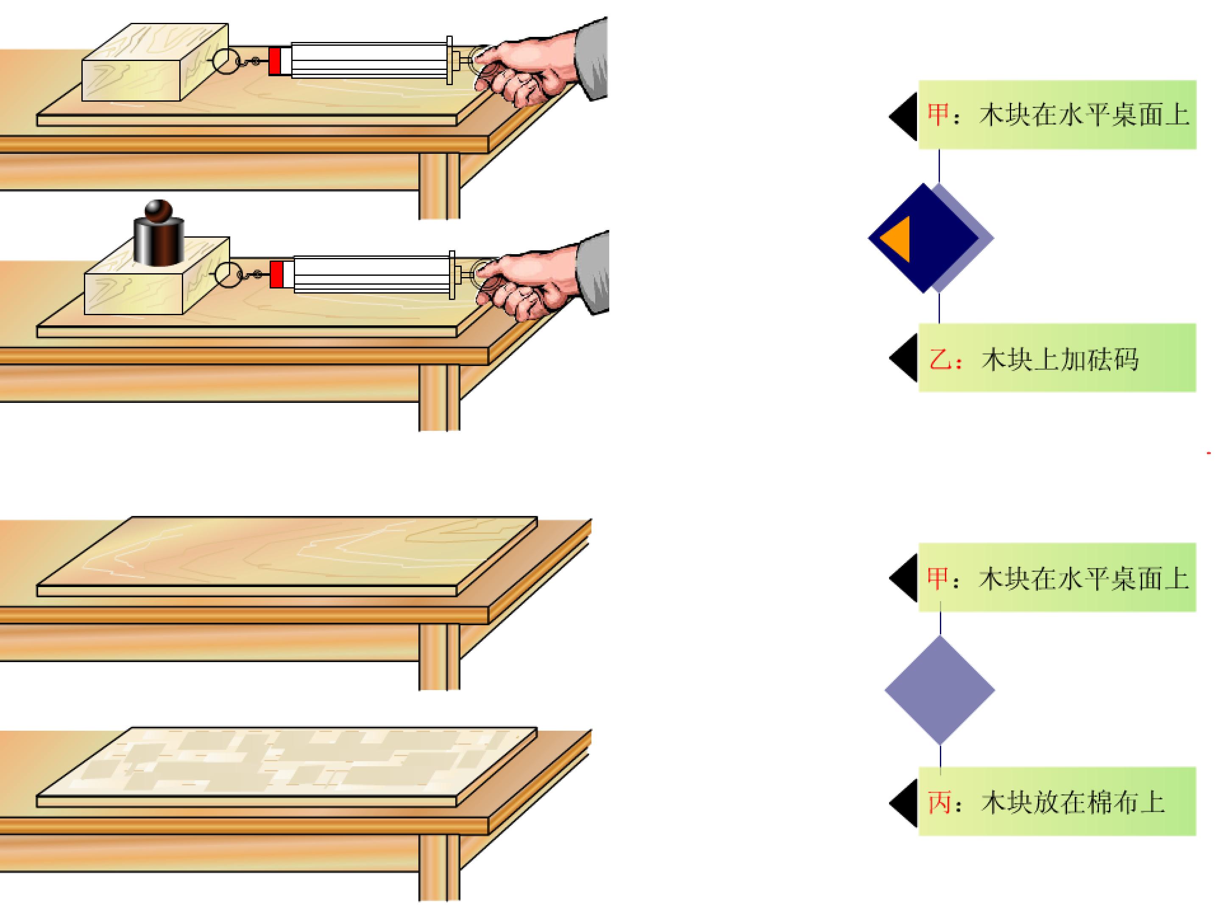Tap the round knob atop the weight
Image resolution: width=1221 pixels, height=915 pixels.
(159, 210)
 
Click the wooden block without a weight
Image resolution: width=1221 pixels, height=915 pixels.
(155, 62)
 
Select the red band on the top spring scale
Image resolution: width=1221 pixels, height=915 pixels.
(275, 61)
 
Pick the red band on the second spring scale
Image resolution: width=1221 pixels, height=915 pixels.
(276, 274)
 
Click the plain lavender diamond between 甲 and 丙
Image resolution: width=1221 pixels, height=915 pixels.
(940, 690)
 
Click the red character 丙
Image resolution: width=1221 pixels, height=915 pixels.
(939, 802)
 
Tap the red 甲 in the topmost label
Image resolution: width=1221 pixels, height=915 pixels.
(938, 115)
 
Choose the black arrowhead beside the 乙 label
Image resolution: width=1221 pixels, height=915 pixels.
(903, 358)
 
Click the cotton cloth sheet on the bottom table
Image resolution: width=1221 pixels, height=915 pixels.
(287, 767)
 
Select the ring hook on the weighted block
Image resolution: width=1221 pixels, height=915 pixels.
(228, 274)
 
